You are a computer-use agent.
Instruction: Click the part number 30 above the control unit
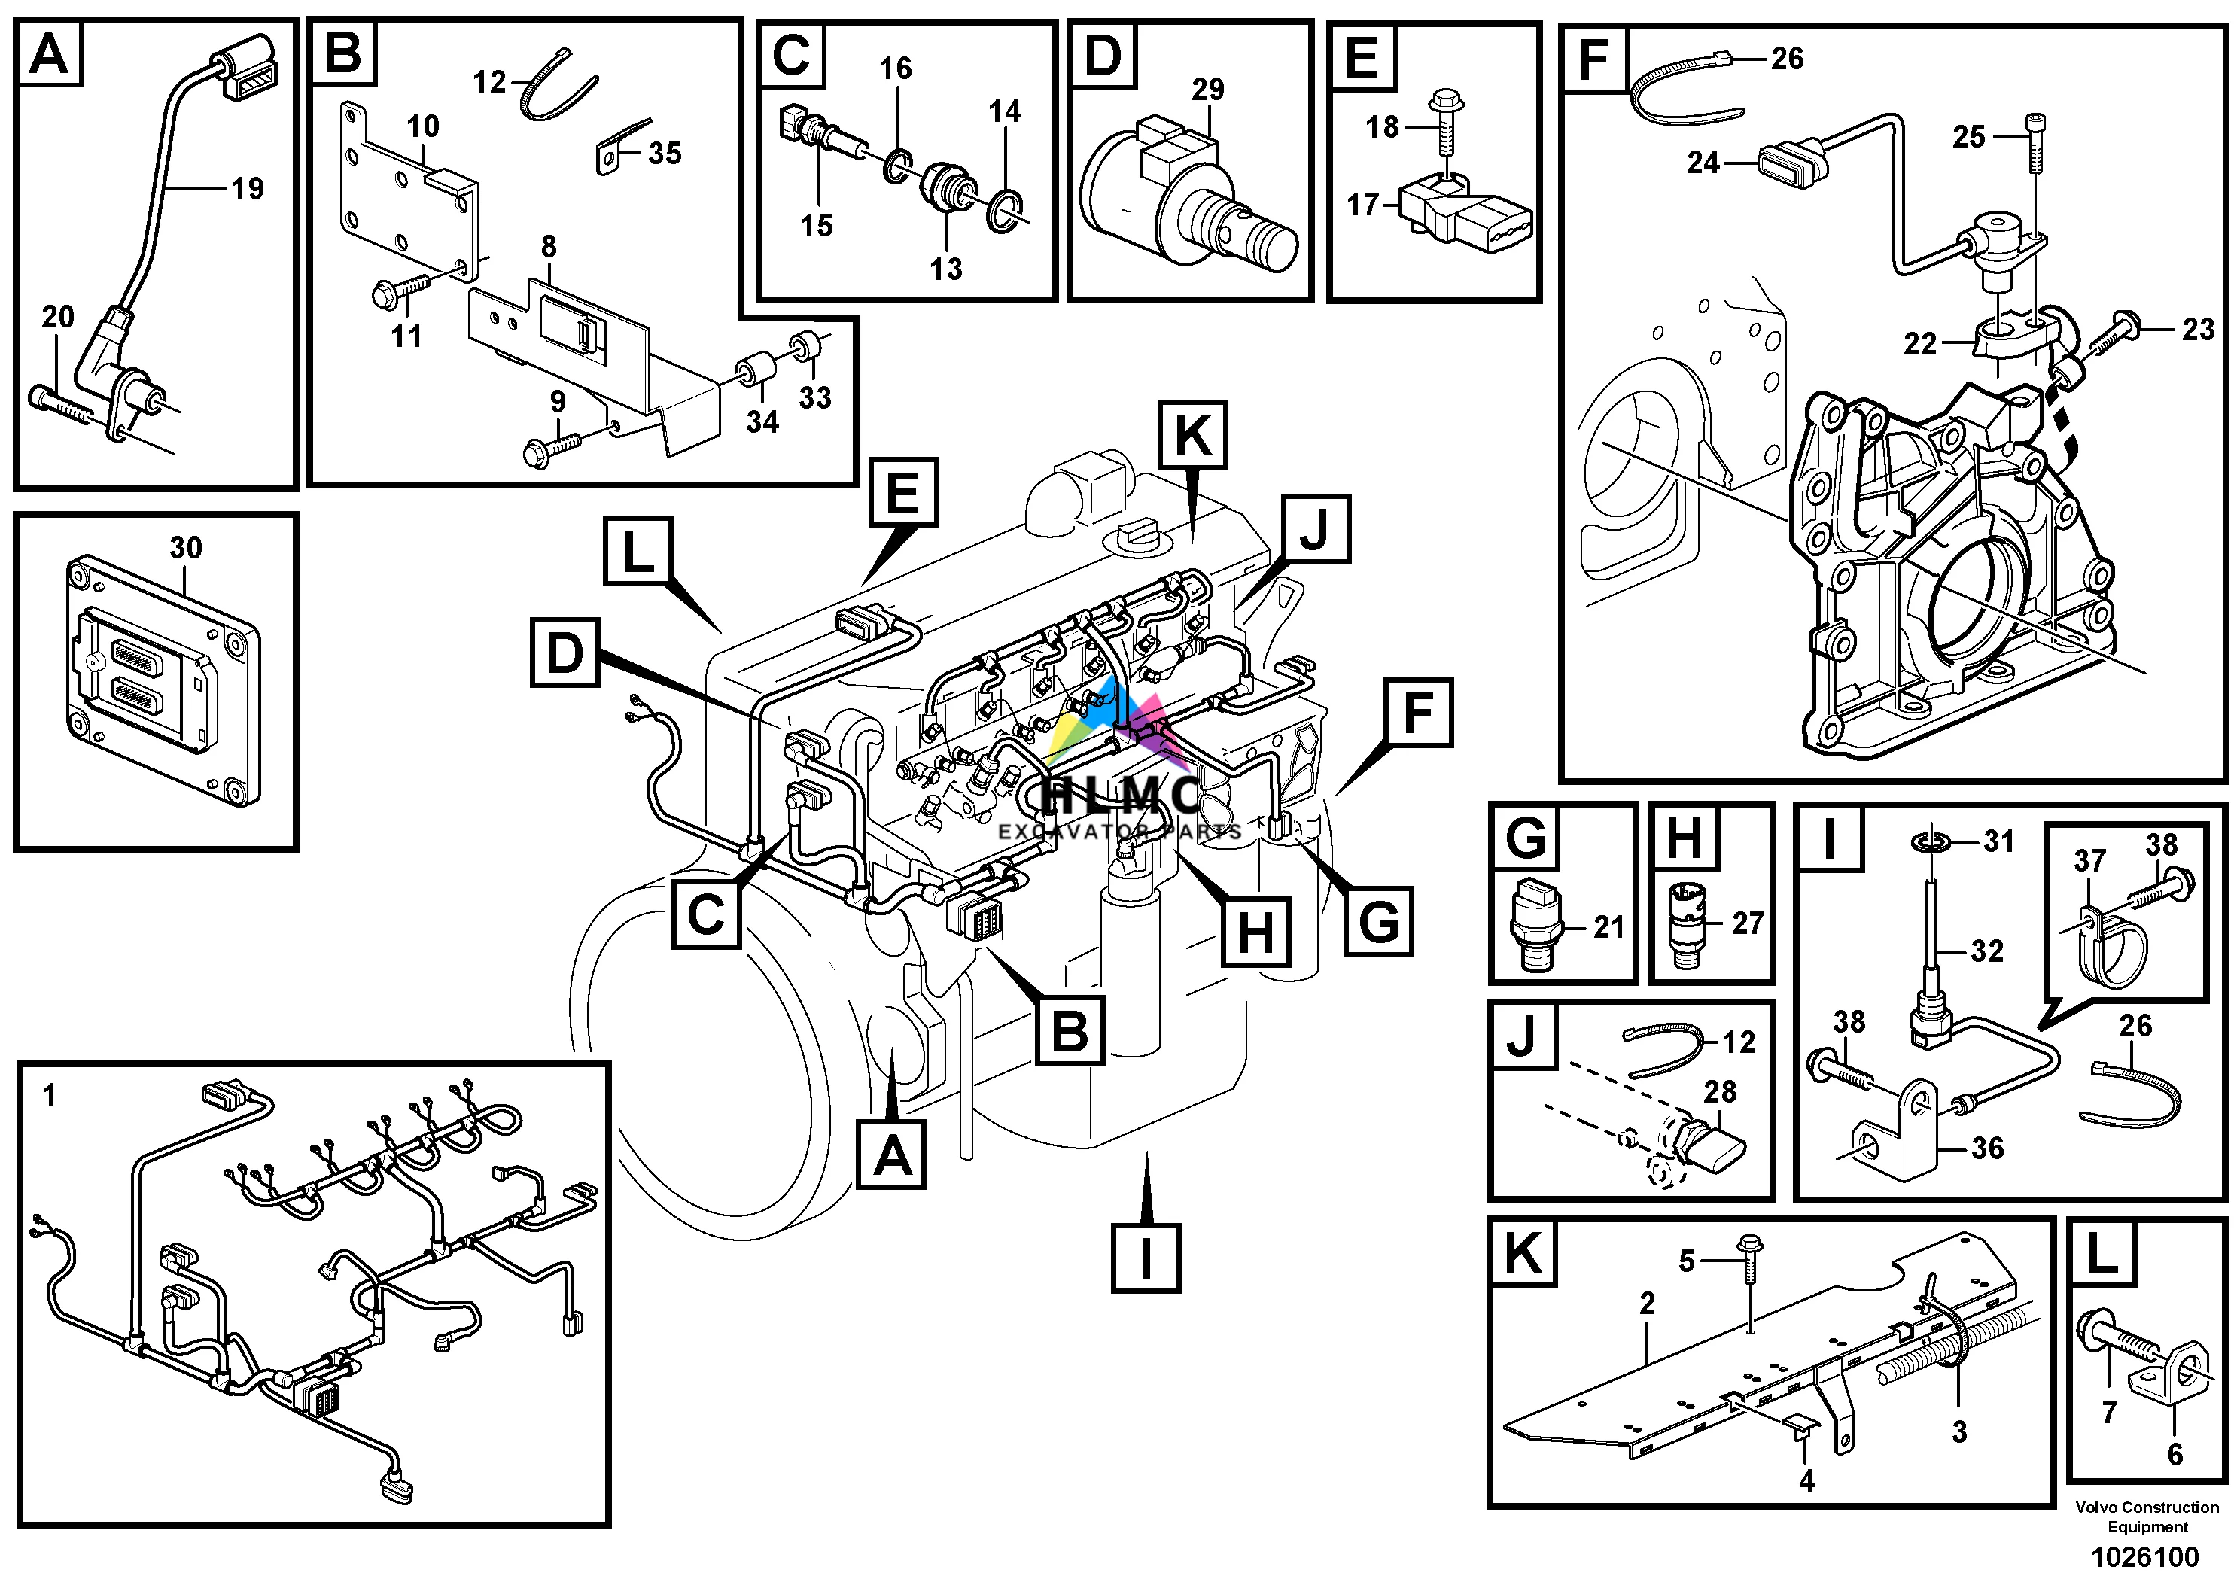pyautogui.click(x=185, y=547)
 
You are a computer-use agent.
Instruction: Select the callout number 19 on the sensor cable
pyautogui.click(x=248, y=188)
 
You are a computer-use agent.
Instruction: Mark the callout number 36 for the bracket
pyautogui.click(x=1987, y=1148)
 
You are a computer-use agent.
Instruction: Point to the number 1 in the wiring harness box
pyautogui.click(x=50, y=1097)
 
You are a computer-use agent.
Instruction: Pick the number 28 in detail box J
pyautogui.click(x=1720, y=1091)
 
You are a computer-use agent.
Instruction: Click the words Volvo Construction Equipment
pyautogui.click(x=2147, y=1517)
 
